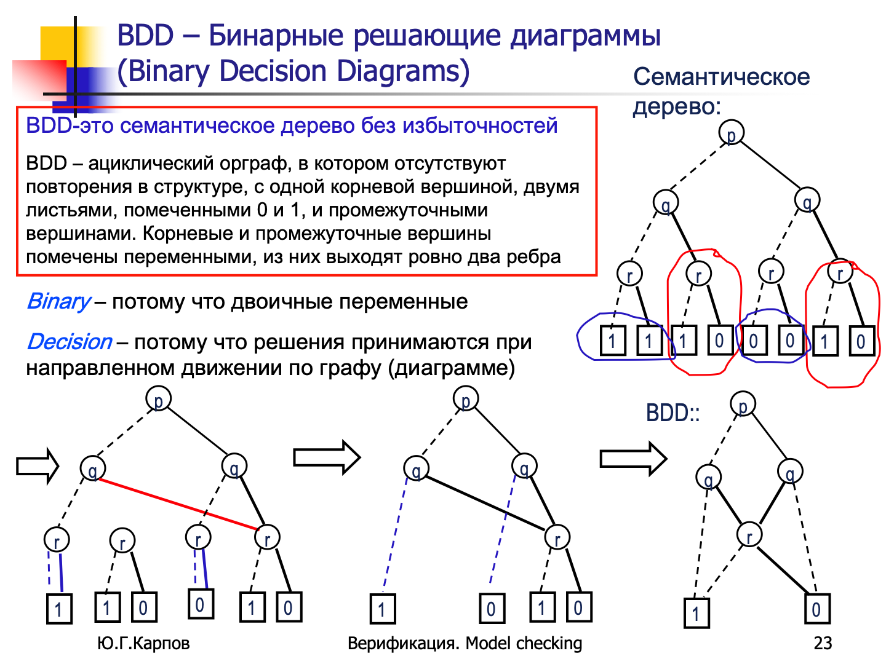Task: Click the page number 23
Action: (823, 643)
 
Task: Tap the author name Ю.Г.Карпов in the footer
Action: (143, 643)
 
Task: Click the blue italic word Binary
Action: (59, 301)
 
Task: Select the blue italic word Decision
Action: (70, 342)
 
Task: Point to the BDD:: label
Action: (672, 413)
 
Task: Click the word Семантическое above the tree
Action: (721, 77)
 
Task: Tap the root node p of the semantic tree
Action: (731, 133)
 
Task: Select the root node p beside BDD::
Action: (743, 405)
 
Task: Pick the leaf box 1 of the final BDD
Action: (696, 612)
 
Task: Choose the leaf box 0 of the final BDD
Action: (816, 609)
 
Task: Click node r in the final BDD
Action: (749, 535)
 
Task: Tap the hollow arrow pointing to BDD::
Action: (633, 458)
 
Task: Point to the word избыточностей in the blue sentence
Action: (480, 125)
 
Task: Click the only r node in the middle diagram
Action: (557, 538)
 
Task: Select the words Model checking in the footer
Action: (524, 643)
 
